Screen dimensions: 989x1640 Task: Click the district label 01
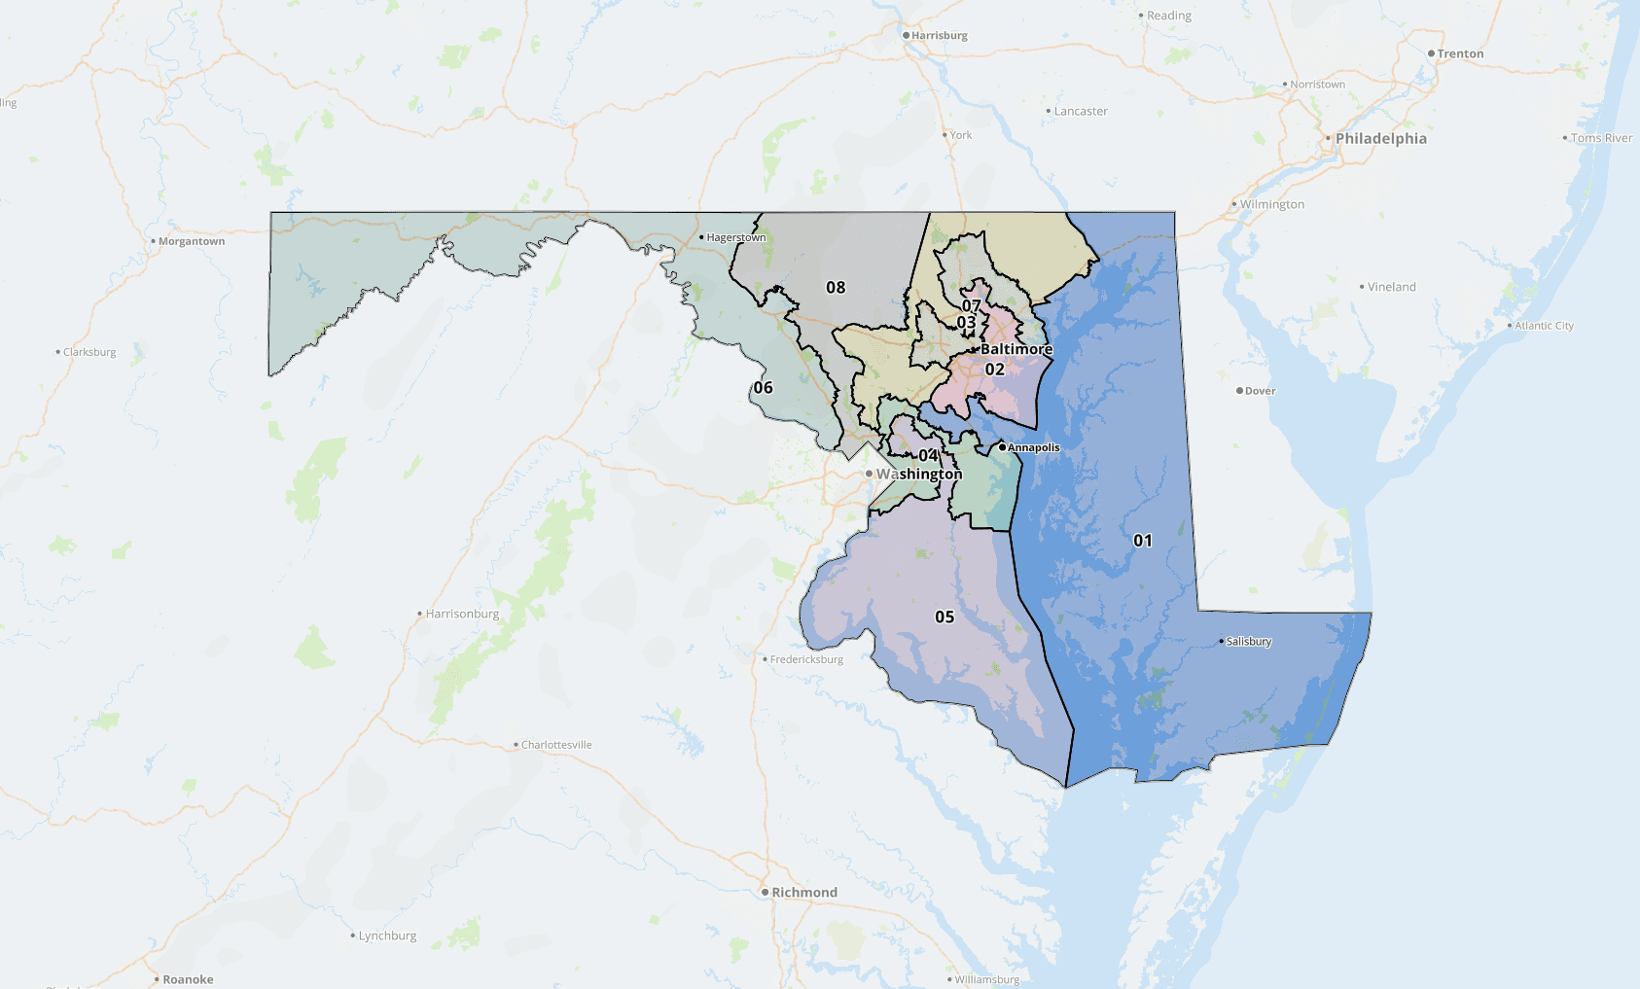point(1143,541)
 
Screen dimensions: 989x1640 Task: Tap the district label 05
point(945,617)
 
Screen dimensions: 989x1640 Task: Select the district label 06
point(764,387)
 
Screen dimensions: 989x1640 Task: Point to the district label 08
point(836,287)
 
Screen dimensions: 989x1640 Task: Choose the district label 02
point(994,370)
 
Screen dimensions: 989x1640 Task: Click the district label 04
point(928,455)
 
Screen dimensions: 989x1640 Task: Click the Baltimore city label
point(1016,349)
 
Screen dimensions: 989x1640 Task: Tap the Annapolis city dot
point(1002,447)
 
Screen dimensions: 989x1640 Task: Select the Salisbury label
point(1249,642)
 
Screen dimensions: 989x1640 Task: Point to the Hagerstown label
point(735,237)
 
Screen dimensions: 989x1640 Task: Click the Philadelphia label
point(1380,138)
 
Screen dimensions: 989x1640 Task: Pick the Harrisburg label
point(939,35)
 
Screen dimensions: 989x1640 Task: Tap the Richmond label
point(803,892)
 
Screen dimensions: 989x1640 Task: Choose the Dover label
point(1260,391)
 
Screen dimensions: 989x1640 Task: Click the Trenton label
point(1460,53)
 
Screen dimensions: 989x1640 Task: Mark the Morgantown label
point(191,241)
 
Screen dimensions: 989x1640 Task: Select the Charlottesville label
point(556,745)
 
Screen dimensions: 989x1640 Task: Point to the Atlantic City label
point(1544,326)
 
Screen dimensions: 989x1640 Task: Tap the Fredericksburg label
point(806,659)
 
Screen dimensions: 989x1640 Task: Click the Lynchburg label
point(387,936)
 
